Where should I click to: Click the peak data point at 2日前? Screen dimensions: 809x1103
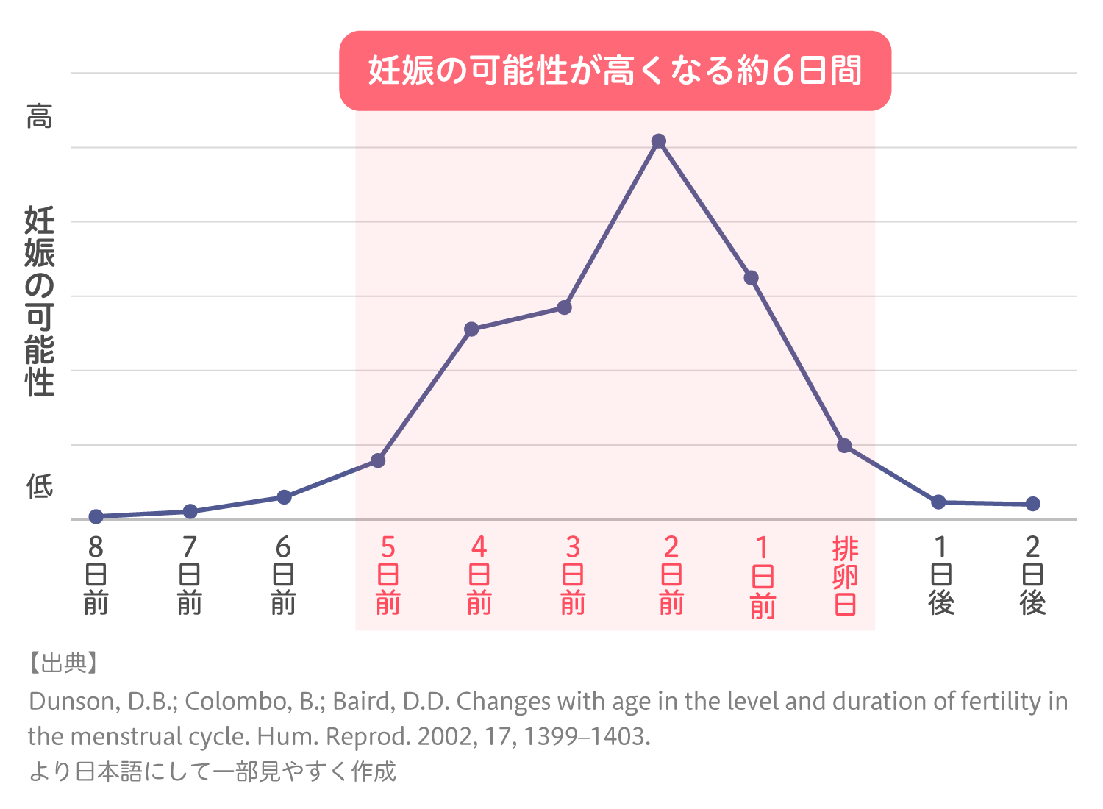tap(659, 141)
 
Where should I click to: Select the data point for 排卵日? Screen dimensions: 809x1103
tap(845, 446)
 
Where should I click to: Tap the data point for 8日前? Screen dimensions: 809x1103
tap(96, 516)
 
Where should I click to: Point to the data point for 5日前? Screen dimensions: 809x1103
tap(378, 460)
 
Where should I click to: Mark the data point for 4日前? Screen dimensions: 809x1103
tap(472, 329)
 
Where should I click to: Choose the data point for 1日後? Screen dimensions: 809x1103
tap(938, 502)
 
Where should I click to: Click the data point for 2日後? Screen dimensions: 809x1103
tap(1032, 504)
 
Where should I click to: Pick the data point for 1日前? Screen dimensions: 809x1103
tap(751, 278)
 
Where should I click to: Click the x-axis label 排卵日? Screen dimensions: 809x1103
tap(845, 576)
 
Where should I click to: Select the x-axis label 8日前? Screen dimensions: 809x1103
tap(96, 576)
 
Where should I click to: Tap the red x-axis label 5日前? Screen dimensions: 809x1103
tap(388, 576)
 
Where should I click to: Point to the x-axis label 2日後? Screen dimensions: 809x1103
tap(1032, 576)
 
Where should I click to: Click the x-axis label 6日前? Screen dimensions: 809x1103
tap(283, 576)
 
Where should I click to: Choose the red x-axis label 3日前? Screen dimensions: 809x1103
tap(573, 576)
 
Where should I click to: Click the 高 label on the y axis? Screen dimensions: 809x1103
tap(40, 117)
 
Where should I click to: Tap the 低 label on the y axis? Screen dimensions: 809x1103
tap(40, 486)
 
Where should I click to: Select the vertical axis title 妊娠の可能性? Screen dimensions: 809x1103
tap(40, 302)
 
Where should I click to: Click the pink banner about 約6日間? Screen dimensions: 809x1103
tap(615, 71)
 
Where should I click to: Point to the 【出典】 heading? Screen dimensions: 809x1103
tap(63, 663)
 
